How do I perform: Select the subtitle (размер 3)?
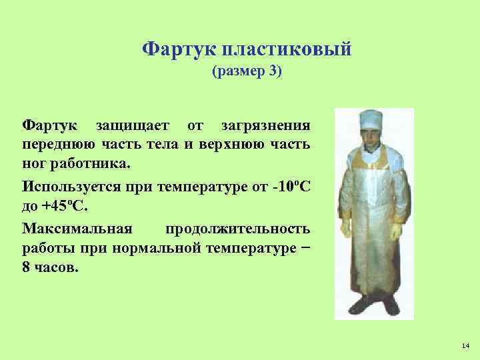[247, 71]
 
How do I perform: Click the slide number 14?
[465, 345]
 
